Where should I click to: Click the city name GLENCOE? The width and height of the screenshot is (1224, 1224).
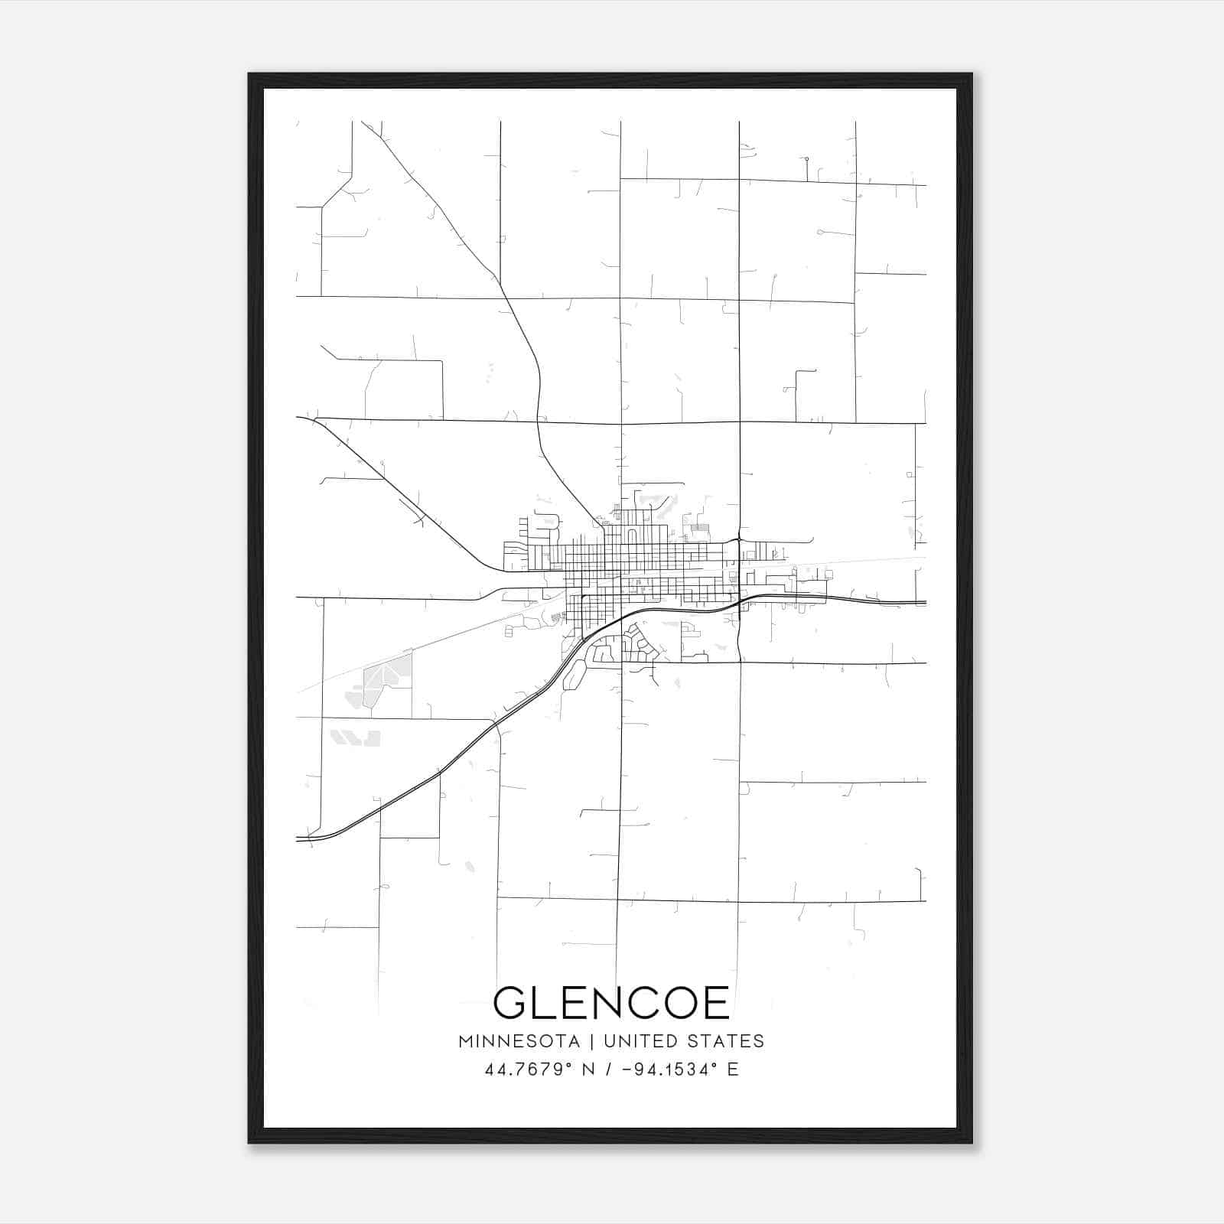click(x=611, y=1003)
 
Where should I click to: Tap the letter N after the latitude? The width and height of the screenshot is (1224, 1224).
click(x=589, y=1069)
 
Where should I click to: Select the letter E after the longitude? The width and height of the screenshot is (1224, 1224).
click(x=733, y=1069)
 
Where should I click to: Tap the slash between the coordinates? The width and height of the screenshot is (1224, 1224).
click(x=609, y=1069)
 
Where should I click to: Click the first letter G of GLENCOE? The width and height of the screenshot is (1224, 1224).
click(x=509, y=1003)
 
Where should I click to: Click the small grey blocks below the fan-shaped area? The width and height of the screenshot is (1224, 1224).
click(x=355, y=737)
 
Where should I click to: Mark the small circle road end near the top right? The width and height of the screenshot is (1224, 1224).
click(x=806, y=159)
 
